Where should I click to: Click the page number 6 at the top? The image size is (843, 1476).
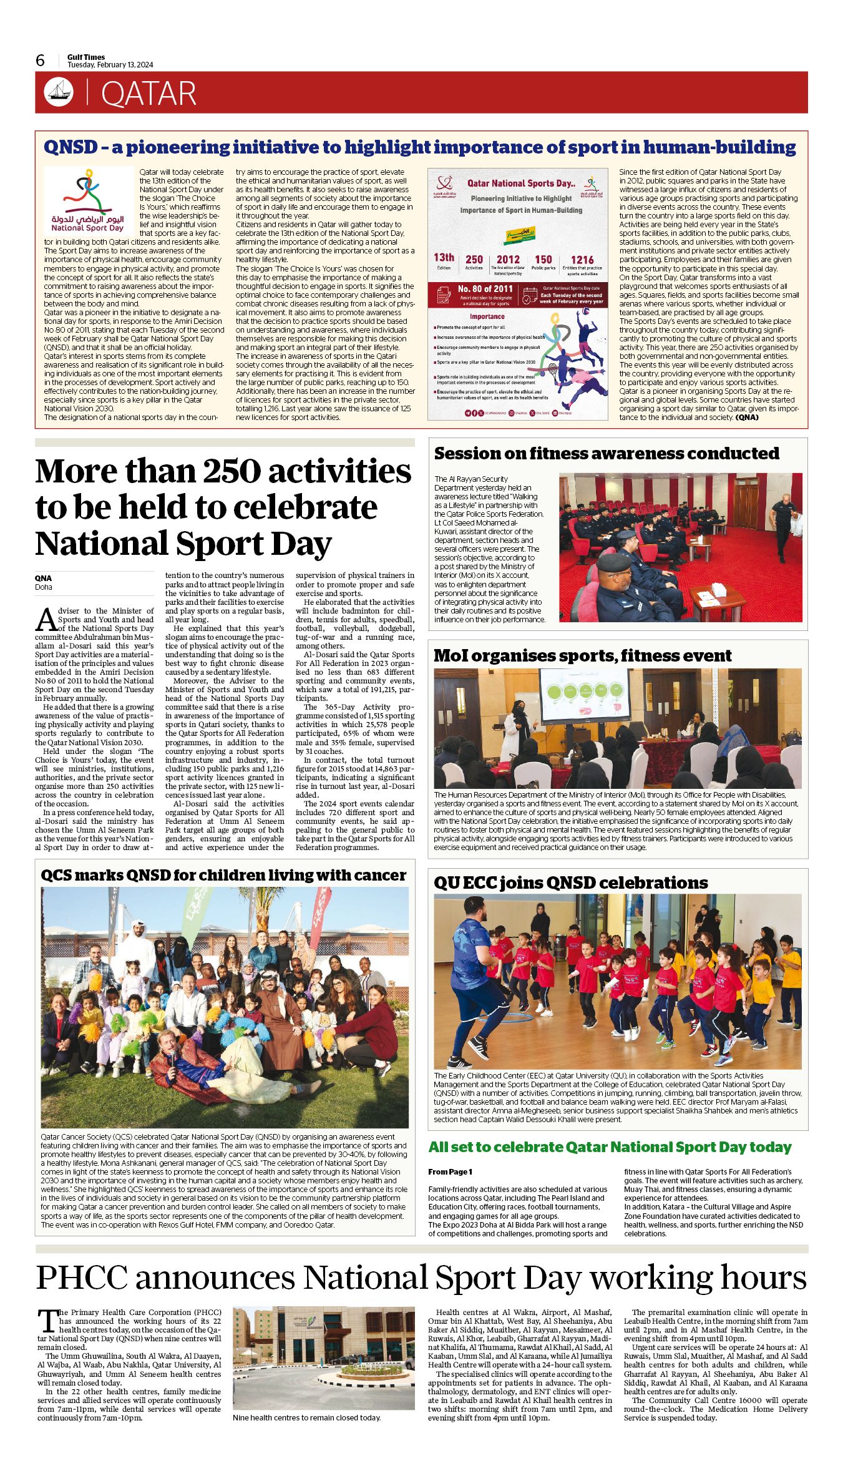41,60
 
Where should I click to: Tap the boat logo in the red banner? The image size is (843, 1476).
59,92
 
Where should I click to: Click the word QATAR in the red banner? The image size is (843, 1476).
149,94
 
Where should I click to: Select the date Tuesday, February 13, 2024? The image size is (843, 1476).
110,65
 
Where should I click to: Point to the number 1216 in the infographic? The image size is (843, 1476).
582,260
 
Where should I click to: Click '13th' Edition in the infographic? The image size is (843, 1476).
444,258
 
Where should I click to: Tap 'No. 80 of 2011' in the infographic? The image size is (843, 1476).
485,289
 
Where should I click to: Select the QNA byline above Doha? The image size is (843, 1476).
43,578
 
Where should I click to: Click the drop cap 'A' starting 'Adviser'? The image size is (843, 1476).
46,620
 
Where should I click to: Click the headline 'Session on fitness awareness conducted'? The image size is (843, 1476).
607,453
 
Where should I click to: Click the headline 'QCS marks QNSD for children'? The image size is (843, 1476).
223,875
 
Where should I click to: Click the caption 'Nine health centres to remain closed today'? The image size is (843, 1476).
306,1417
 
